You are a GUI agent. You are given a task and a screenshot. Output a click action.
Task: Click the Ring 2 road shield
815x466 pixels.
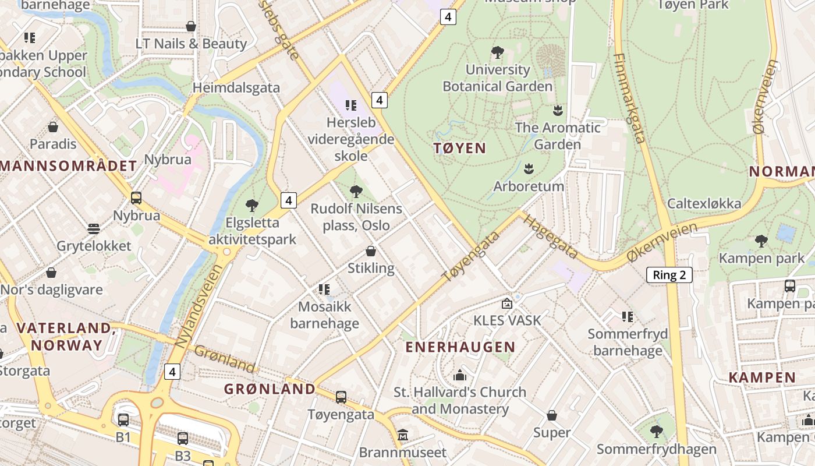[x=669, y=275]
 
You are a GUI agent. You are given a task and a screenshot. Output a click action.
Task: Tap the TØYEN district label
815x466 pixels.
[x=460, y=148]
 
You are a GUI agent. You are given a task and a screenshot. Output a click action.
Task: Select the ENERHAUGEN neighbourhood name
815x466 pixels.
[x=460, y=347]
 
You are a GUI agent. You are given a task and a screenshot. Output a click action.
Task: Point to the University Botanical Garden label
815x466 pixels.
[x=498, y=78]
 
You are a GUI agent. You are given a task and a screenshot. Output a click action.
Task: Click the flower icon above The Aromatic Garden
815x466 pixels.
[x=558, y=110]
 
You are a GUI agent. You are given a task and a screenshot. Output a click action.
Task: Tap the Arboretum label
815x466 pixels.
[x=529, y=186]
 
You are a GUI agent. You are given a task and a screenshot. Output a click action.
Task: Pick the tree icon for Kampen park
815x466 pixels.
[x=761, y=241]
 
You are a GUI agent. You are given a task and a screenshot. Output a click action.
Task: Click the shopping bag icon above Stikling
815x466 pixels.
[x=371, y=251]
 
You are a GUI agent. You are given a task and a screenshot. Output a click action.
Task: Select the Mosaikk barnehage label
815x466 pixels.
[x=325, y=315]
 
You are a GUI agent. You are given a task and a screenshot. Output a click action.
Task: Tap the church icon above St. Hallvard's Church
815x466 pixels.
[x=460, y=375]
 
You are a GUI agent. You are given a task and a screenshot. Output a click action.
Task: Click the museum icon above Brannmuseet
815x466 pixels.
[x=403, y=435]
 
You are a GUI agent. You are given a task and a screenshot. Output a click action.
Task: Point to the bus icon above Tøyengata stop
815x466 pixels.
[x=341, y=397]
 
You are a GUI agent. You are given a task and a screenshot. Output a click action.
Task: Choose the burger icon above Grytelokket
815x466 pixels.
[x=94, y=228]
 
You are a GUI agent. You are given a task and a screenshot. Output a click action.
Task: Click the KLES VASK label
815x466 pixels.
[x=507, y=320]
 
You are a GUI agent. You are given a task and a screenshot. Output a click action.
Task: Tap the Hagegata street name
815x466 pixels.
[x=550, y=236]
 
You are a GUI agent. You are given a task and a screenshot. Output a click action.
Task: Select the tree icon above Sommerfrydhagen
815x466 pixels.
[x=657, y=432]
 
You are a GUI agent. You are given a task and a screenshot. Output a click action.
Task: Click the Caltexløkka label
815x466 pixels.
[x=704, y=203]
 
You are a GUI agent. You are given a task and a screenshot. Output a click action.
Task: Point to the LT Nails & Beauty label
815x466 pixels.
[x=191, y=44]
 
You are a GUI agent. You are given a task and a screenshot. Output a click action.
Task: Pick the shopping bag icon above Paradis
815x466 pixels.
[x=53, y=127]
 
